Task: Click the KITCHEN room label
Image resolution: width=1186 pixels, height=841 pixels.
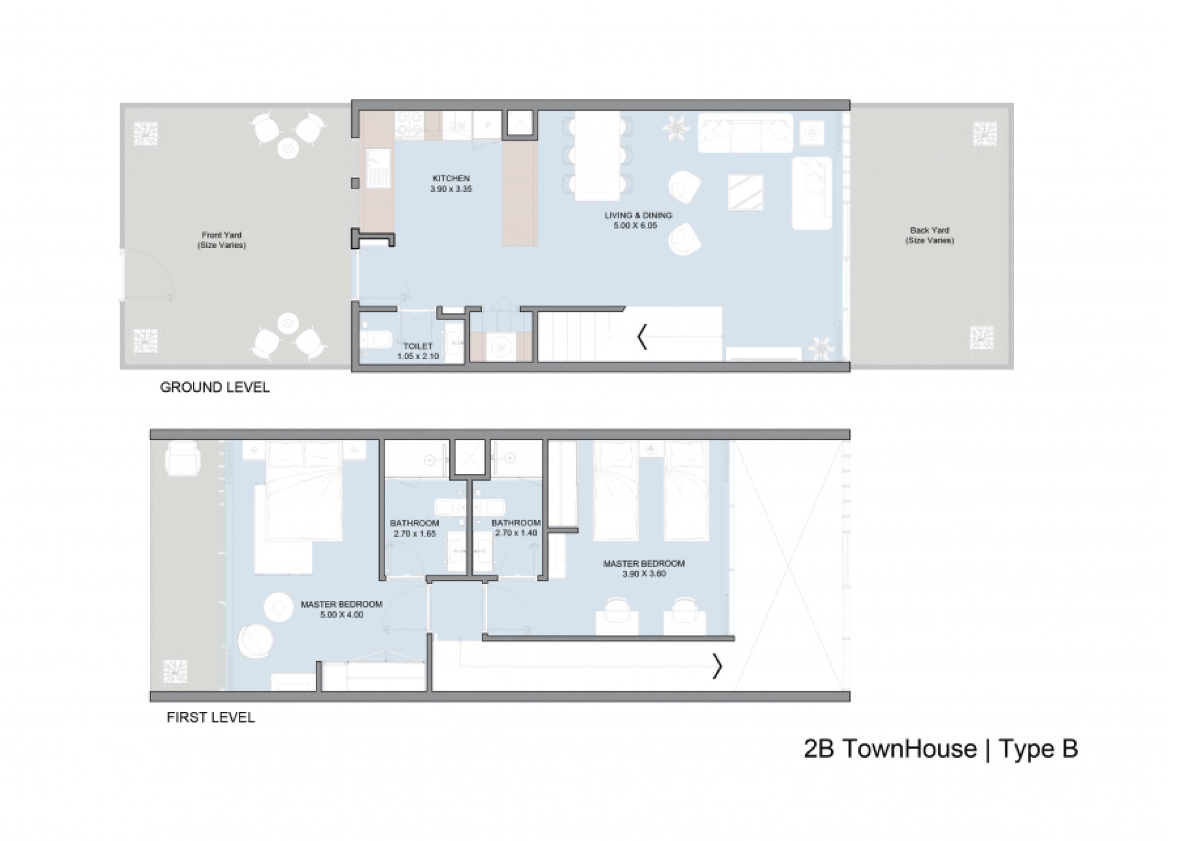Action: click(x=451, y=178)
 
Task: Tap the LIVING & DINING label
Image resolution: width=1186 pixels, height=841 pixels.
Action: click(x=638, y=215)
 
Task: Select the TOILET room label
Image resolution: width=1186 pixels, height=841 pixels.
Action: click(x=418, y=346)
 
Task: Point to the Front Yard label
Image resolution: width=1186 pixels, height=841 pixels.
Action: click(x=222, y=235)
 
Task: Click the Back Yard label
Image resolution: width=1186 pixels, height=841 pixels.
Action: click(x=930, y=231)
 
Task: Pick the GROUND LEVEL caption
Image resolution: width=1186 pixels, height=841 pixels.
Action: click(x=214, y=387)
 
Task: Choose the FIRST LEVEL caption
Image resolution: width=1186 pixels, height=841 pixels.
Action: click(x=211, y=717)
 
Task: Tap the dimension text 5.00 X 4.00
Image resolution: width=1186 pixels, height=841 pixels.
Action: click(x=341, y=615)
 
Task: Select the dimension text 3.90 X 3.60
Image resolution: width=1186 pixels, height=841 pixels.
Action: click(x=644, y=574)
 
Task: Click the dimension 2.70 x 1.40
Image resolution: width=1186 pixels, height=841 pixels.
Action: click(x=516, y=533)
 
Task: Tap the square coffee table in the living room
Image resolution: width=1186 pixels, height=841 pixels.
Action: click(x=746, y=192)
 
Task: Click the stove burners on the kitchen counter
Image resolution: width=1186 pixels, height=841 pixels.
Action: click(x=410, y=125)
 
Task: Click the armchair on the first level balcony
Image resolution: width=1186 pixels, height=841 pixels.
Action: click(x=182, y=459)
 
